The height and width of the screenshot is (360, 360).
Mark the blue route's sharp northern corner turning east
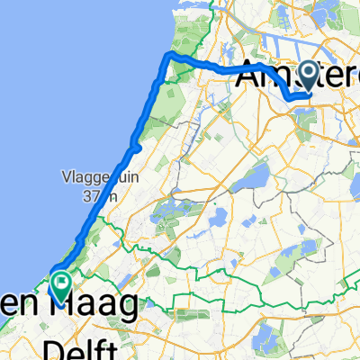167,56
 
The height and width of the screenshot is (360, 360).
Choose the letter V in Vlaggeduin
65,175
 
